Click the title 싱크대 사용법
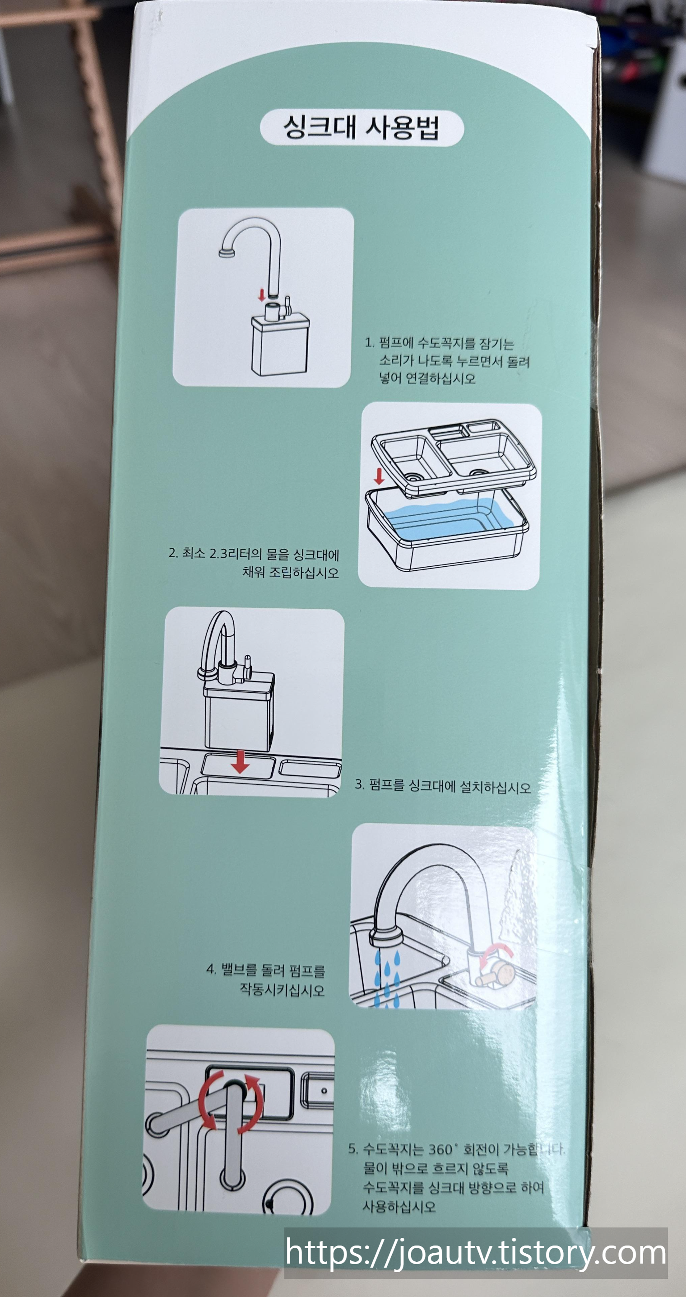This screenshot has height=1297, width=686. [x=361, y=128]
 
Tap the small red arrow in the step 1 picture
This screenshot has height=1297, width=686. [x=261, y=295]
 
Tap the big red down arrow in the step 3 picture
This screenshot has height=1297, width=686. [x=240, y=762]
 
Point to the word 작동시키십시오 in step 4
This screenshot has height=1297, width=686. [x=282, y=990]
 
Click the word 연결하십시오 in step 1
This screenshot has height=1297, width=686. [x=440, y=378]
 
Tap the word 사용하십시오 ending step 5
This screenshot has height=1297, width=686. [x=399, y=1207]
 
